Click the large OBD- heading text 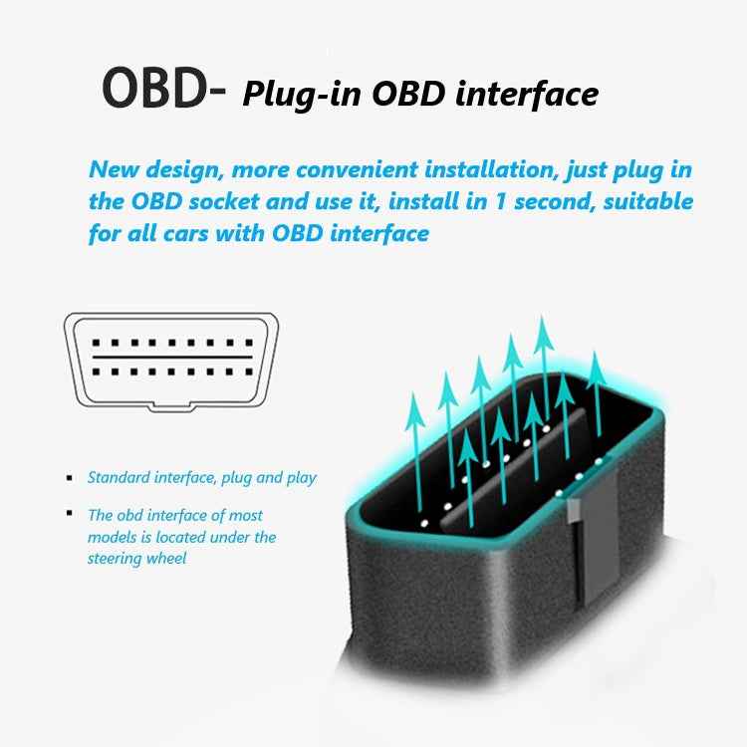click(164, 90)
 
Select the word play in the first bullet click(299, 478)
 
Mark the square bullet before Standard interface click(70, 478)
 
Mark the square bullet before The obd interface click(70, 514)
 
